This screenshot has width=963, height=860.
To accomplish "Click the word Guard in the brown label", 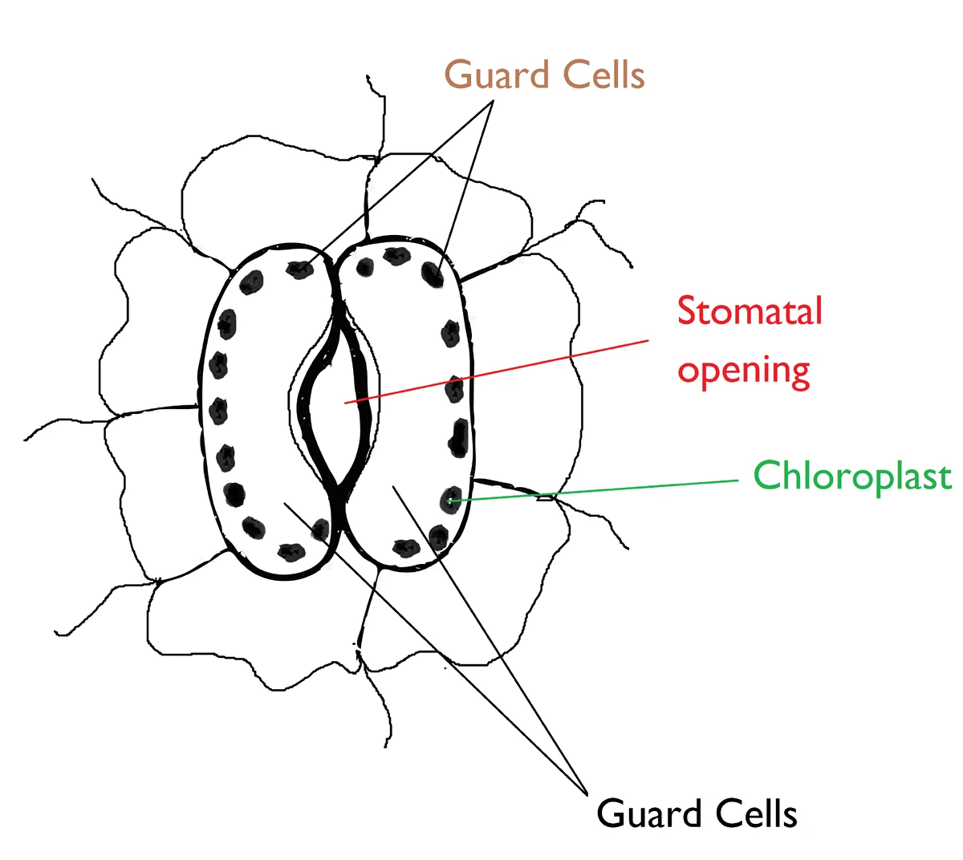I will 497,75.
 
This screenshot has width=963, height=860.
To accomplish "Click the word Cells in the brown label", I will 603,75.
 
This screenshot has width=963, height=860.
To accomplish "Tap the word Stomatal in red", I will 750,311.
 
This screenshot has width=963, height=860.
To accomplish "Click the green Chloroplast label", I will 852,476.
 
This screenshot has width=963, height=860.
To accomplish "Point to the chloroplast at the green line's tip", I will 451,501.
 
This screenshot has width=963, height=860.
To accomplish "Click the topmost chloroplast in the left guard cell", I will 300,269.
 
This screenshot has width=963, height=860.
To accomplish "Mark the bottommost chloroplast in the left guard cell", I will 290,551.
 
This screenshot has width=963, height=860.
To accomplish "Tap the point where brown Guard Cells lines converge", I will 492,102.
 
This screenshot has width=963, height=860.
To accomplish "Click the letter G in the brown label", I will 459,75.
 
